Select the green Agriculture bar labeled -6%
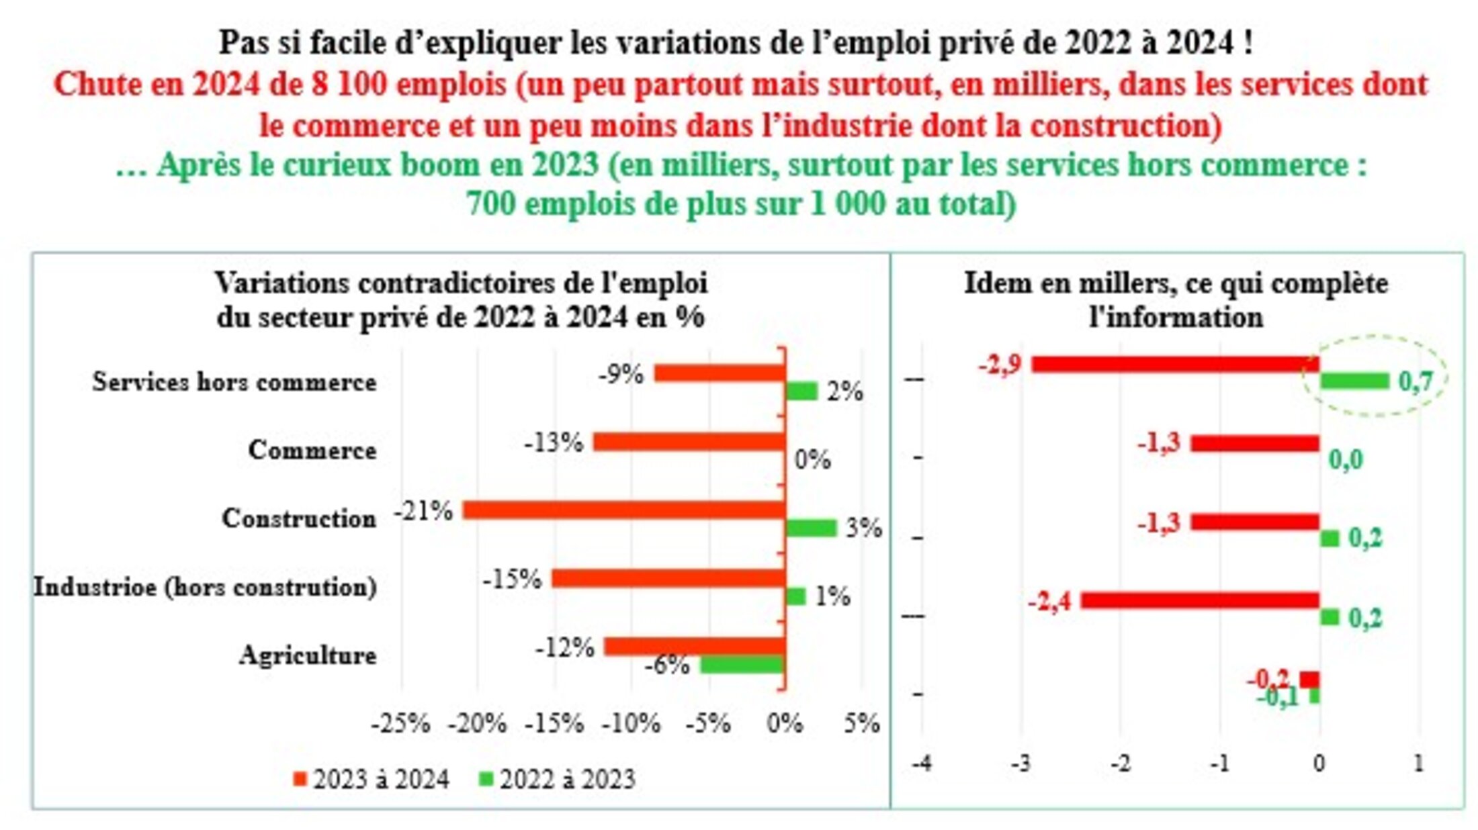tap(742, 665)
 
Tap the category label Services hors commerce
tap(234, 382)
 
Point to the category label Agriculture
tap(308, 655)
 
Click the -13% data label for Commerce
tap(554, 443)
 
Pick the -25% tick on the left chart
tap(400, 723)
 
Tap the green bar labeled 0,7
tap(1354, 381)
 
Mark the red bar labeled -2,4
tap(1200, 600)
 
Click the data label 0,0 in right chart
tap(1346, 460)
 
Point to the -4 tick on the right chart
tap(921, 764)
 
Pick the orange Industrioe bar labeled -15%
tap(668, 578)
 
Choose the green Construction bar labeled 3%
tap(811, 528)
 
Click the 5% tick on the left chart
tap(861, 723)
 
